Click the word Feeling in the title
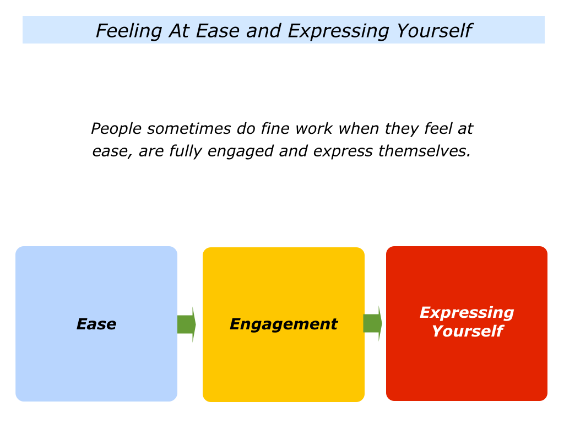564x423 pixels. click(x=129, y=31)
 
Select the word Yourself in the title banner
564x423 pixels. click(x=434, y=31)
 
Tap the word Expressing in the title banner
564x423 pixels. click(x=339, y=31)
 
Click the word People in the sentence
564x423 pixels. click(x=116, y=129)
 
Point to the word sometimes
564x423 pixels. click(x=189, y=129)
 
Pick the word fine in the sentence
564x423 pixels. click(x=275, y=128)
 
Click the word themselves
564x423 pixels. click(x=425, y=151)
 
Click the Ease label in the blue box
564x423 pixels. click(x=96, y=324)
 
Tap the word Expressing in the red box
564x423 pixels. click(x=467, y=313)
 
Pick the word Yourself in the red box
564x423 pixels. click(x=467, y=331)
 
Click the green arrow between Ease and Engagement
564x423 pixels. click(x=187, y=324)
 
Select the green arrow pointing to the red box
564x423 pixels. click(x=373, y=323)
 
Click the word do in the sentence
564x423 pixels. click(x=246, y=128)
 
